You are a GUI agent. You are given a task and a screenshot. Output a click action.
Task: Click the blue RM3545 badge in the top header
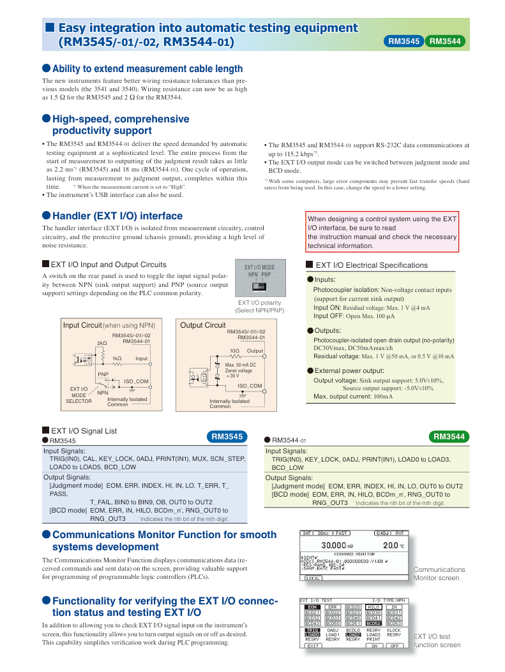(x=403, y=41)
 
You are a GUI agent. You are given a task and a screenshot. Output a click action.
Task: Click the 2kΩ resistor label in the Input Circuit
(x=102, y=343)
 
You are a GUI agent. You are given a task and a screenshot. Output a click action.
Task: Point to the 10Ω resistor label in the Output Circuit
(x=234, y=351)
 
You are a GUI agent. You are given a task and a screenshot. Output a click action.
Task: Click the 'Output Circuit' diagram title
(x=202, y=325)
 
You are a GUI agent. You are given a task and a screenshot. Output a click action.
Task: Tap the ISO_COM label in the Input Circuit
(x=136, y=381)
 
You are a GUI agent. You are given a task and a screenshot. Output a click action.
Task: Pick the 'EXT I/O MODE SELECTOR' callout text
(x=79, y=395)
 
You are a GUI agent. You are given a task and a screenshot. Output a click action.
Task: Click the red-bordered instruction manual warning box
(x=382, y=232)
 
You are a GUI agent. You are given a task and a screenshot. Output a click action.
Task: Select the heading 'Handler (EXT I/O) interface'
(x=109, y=215)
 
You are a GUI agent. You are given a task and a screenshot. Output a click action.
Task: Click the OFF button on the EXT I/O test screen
(x=395, y=646)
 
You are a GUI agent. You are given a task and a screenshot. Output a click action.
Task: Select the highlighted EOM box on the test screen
(x=312, y=607)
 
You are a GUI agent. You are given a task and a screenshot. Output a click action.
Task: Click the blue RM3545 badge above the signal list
(x=227, y=437)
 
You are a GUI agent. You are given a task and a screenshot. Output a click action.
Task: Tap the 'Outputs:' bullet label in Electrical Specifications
(x=329, y=330)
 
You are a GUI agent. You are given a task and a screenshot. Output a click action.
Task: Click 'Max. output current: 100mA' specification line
(x=353, y=397)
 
